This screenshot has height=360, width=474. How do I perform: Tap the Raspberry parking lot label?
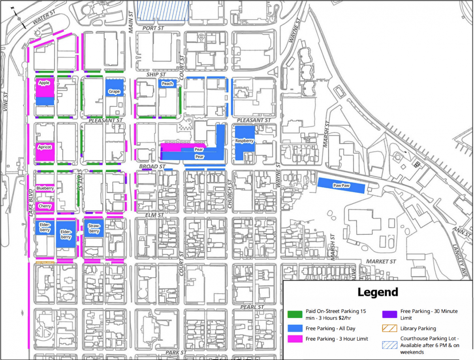[x=244, y=141]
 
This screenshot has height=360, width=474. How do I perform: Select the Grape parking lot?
[x=114, y=92]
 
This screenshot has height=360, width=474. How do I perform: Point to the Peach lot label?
[x=167, y=83]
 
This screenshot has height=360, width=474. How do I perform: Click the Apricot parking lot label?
[x=45, y=147]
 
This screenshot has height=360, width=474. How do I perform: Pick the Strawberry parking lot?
[x=94, y=228]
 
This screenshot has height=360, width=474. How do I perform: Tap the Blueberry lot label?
[x=45, y=188]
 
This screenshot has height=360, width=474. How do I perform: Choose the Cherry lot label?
[x=45, y=206]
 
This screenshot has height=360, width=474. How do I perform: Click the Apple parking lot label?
[x=44, y=83]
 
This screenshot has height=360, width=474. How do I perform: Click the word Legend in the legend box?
[x=378, y=292]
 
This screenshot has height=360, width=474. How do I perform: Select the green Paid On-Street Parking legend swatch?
[x=295, y=315]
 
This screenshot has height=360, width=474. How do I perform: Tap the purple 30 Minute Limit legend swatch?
[x=389, y=315]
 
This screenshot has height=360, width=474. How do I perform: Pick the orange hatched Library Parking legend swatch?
[x=389, y=328]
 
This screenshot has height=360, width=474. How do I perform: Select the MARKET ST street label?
[x=381, y=262]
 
